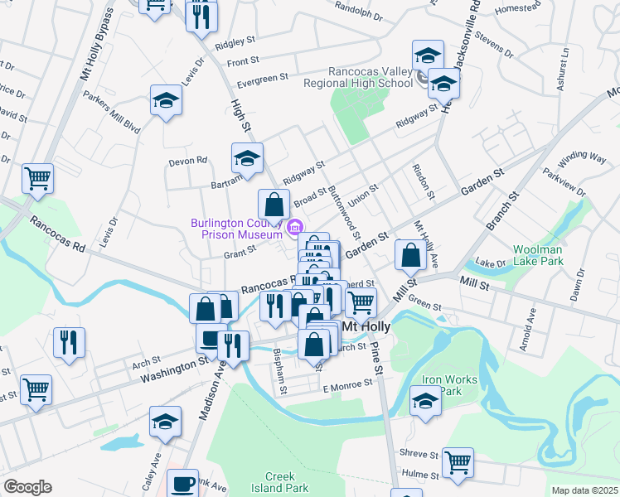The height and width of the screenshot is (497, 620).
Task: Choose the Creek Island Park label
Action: point(286,482)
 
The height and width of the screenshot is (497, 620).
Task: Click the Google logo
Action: point(27,487)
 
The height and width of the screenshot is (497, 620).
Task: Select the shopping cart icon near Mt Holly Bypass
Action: point(38,177)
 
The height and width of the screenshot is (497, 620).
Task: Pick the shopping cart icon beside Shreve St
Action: point(458,462)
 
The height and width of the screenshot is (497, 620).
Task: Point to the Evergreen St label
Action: point(262,80)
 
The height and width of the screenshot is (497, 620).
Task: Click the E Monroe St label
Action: point(349,387)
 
